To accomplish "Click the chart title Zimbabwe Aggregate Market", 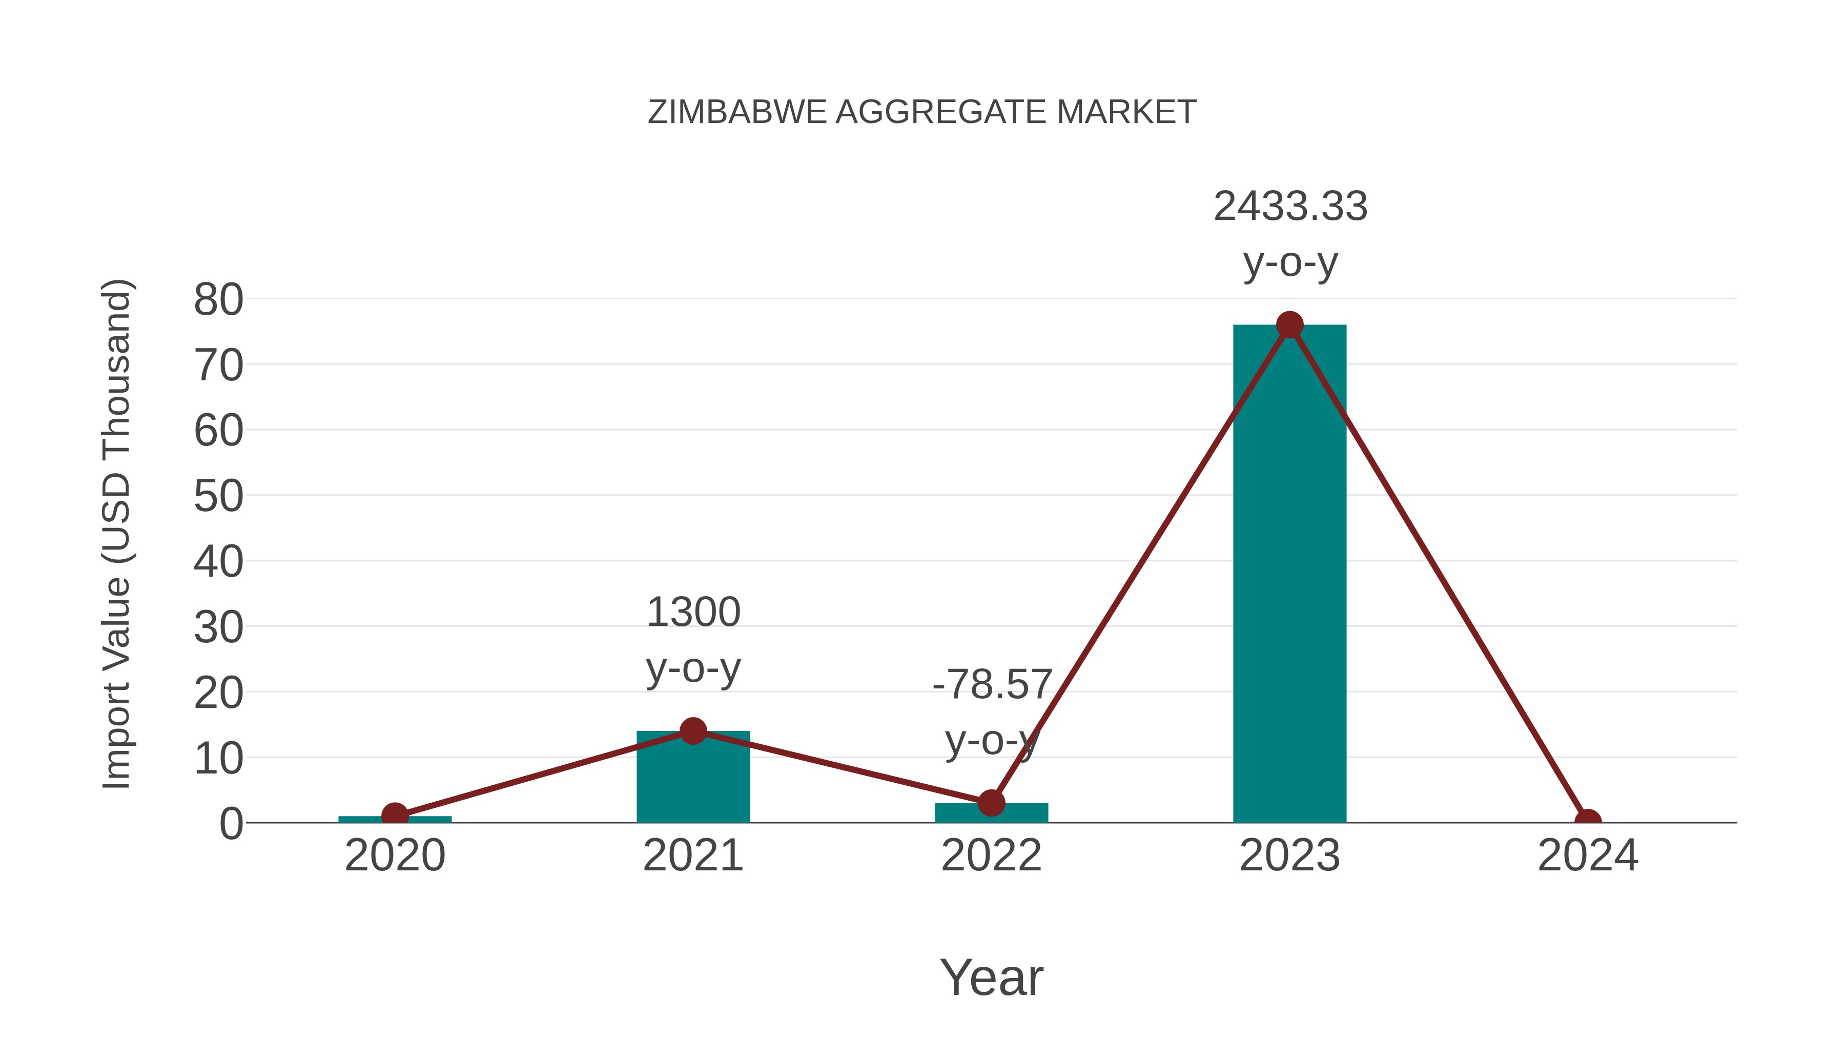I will coord(921,112).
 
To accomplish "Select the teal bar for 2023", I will coord(1289,573).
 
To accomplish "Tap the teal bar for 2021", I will coord(692,781).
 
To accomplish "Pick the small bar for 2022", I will coord(991,815).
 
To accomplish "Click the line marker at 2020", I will coord(395,815).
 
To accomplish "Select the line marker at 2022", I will coord(991,803).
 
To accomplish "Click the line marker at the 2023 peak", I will coord(1289,325).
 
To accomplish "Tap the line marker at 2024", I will coord(1588,821).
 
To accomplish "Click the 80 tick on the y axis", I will coord(218,299).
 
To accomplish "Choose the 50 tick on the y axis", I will coord(218,496).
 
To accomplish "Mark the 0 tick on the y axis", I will coord(231,824).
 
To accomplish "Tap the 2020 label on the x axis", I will coord(395,856).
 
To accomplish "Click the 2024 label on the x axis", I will coord(1588,856).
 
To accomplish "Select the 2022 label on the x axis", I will coord(991,856).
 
